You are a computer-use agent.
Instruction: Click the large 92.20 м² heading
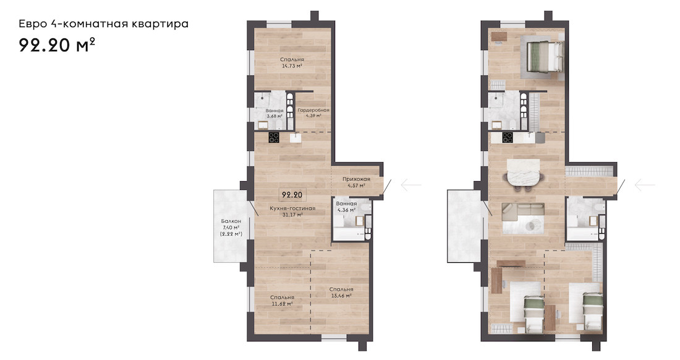pos(57,45)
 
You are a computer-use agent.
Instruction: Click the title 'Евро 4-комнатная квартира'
pos(104,24)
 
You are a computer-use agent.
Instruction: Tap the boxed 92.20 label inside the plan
pos(292,195)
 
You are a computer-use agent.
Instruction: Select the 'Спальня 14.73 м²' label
pos(292,63)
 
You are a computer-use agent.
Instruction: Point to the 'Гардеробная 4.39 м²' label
pos(313,113)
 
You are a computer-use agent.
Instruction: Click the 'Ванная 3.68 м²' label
pos(274,113)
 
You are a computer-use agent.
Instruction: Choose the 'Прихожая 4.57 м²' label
pos(356,182)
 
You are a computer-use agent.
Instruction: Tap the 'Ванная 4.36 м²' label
pos(346,207)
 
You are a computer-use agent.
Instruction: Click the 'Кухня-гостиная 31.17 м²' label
pos(292,211)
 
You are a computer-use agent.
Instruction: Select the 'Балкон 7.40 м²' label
pos(231,227)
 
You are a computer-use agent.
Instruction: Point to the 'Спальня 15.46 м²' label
pos(341,293)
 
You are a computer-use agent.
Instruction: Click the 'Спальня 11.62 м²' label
pos(282,301)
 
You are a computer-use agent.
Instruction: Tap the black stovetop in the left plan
pos(274,137)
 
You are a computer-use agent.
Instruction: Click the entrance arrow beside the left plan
pos(410,185)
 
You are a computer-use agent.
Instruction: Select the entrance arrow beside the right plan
pos(645,185)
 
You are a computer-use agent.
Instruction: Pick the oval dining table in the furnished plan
pos(524,173)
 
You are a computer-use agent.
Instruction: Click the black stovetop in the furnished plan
pos(508,137)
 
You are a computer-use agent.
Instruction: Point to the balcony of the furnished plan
pos(464,226)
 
